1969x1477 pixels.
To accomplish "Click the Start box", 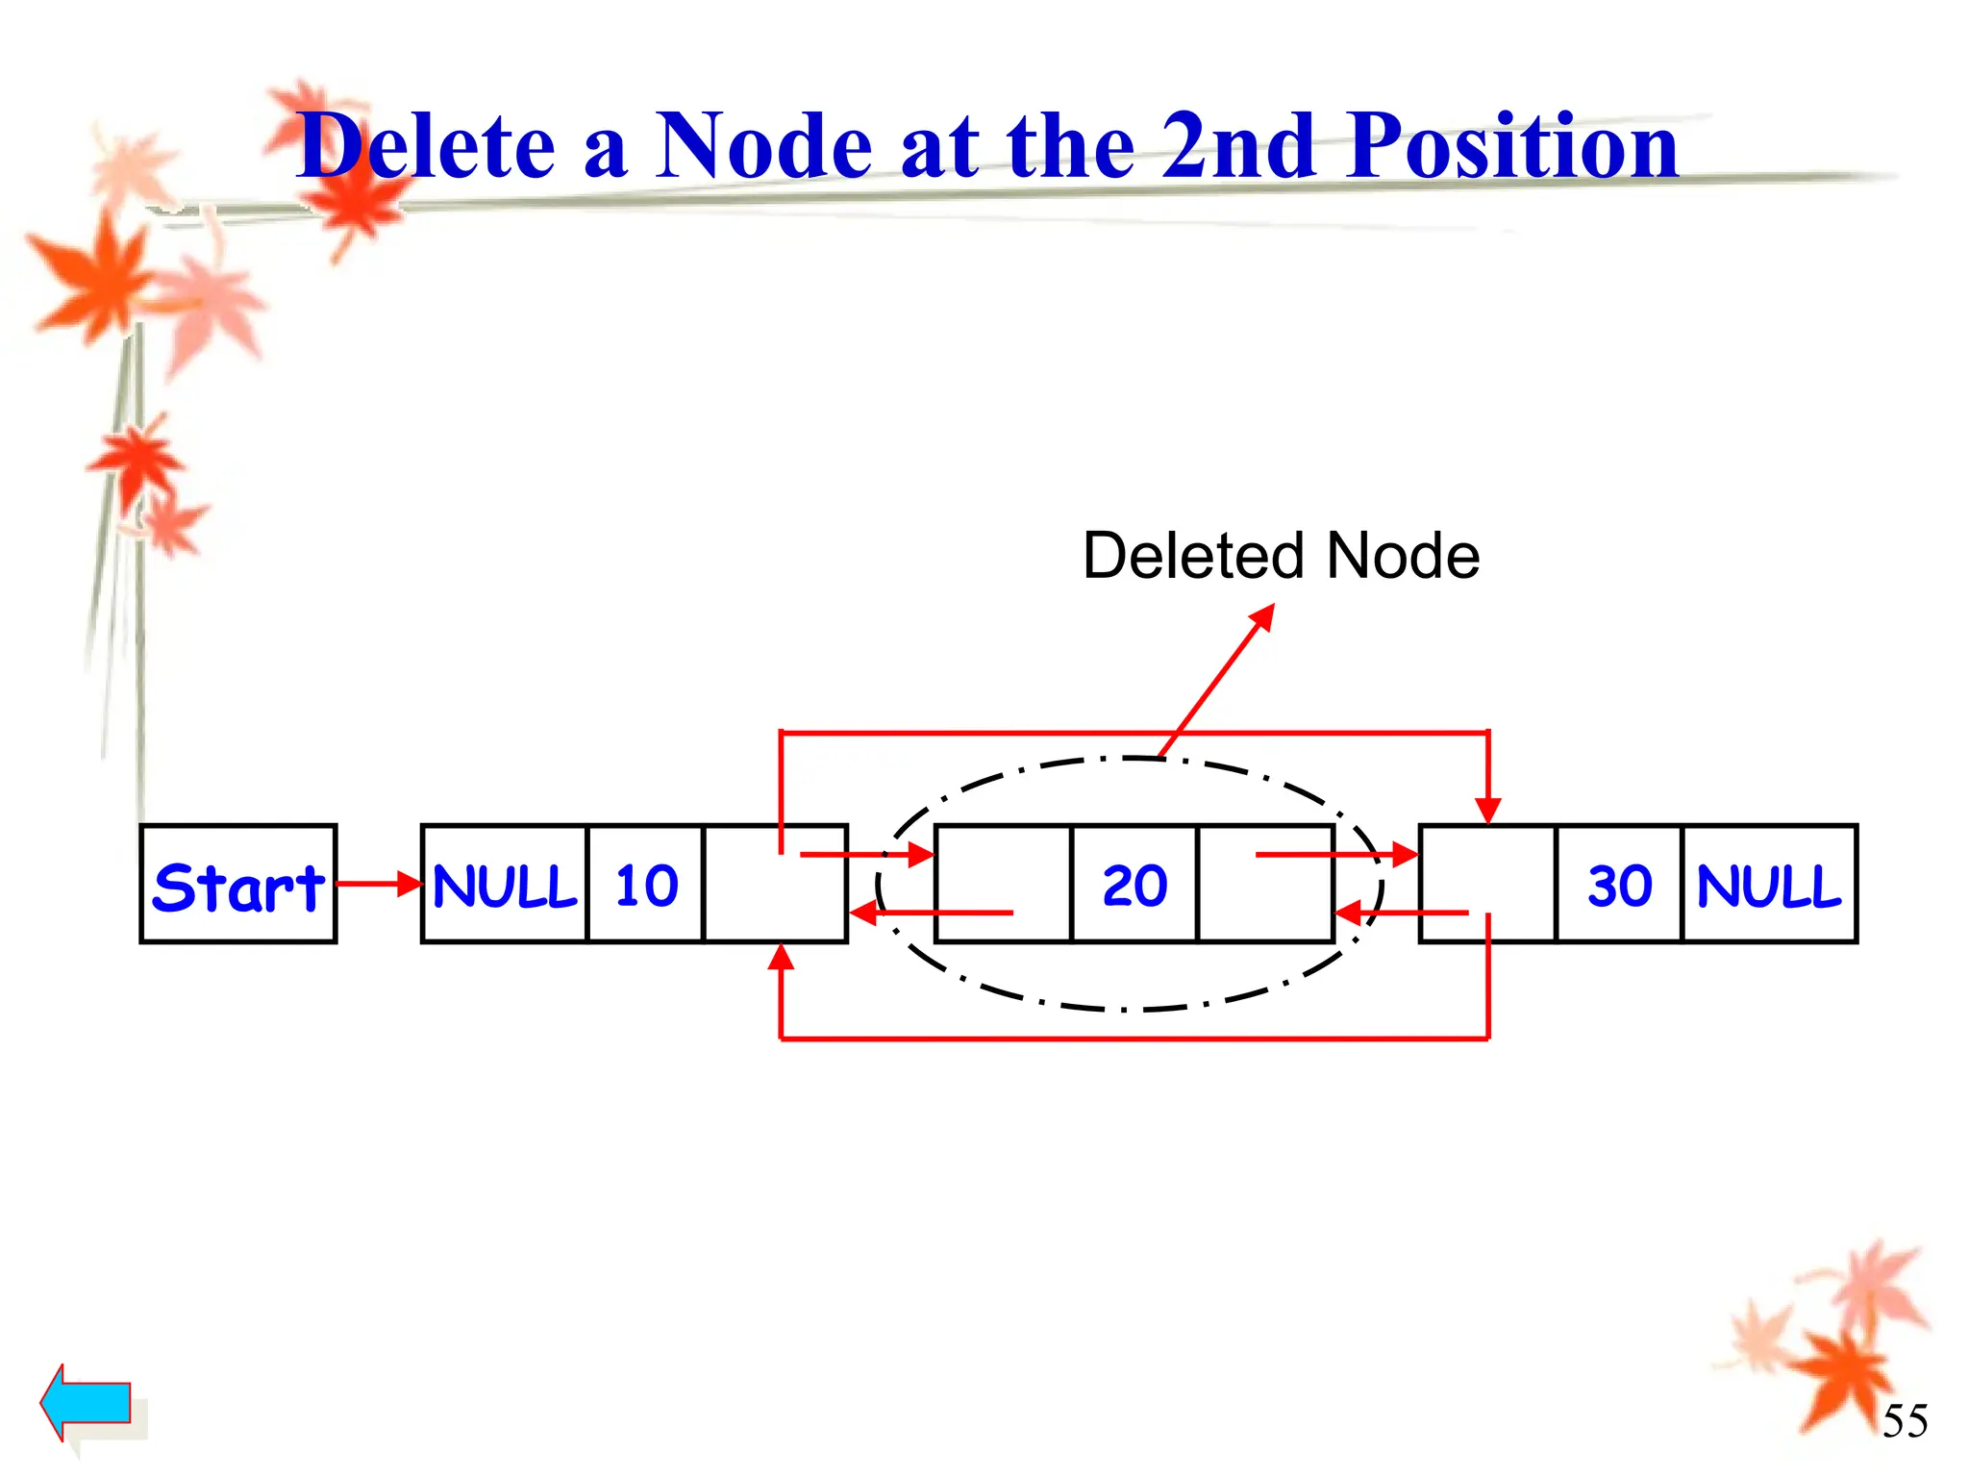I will [237, 884].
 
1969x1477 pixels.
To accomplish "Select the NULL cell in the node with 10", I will [505, 884].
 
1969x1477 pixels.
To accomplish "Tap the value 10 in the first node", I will [646, 884].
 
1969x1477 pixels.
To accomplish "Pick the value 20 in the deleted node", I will [1134, 884].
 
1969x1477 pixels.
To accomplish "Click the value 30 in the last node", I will [1619, 884].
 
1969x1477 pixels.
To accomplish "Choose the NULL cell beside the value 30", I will [1769, 884].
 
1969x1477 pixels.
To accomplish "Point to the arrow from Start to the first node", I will [379, 884].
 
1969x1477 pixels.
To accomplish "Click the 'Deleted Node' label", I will [1281, 556].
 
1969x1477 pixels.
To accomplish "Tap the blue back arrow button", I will [87, 1402].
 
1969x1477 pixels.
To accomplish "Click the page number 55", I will [1905, 1420].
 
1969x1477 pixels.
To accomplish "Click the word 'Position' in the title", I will [1513, 146].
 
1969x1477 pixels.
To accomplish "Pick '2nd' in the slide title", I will [1238, 146].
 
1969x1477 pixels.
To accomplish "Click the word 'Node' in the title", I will [764, 146].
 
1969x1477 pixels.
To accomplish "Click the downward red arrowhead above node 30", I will [1488, 810].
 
